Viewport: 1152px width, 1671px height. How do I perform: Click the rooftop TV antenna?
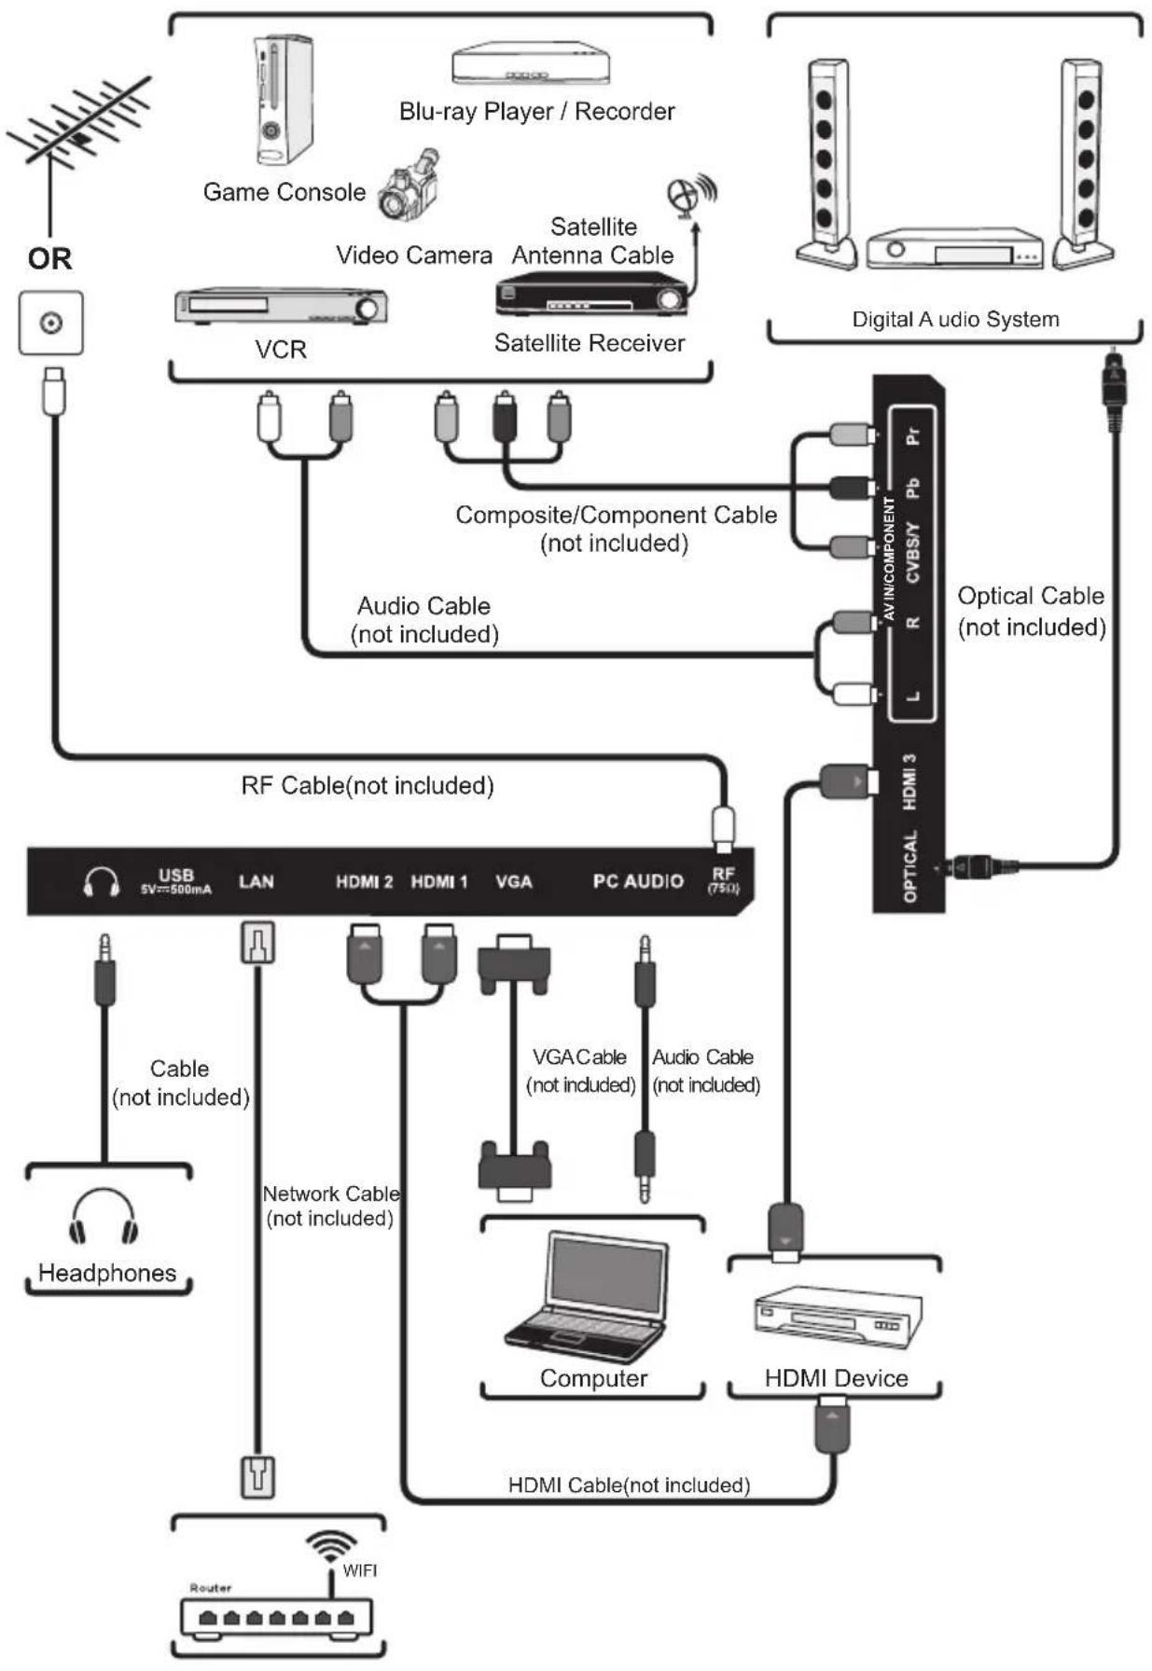pyautogui.click(x=79, y=135)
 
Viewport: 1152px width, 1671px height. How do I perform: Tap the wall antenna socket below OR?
pyautogui.click(x=51, y=323)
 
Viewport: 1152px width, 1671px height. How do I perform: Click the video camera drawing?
pyautogui.click(x=409, y=185)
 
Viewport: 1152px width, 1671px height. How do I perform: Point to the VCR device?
pyautogui.click(x=281, y=307)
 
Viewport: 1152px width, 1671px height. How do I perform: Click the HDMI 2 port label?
pyautogui.click(x=364, y=882)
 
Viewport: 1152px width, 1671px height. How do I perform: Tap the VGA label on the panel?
pyautogui.click(x=514, y=882)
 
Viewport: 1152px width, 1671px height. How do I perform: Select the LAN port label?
pyautogui.click(x=257, y=882)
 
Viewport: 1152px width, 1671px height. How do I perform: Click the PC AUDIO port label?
pyautogui.click(x=638, y=882)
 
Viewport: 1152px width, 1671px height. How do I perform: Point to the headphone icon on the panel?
pyautogui.click(x=102, y=882)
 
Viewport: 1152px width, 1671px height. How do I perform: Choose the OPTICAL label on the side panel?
pyautogui.click(x=910, y=866)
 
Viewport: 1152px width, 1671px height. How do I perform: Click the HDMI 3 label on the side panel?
pyautogui.click(x=910, y=781)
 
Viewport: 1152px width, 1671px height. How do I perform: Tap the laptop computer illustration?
pyautogui.click(x=588, y=1297)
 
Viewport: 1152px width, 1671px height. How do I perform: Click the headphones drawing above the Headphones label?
pyautogui.click(x=104, y=1217)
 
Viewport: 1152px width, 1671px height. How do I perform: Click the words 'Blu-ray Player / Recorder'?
pyautogui.click(x=536, y=112)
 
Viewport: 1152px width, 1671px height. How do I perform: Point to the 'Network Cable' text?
pyautogui.click(x=331, y=1194)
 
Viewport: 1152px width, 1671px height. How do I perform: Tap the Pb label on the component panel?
pyautogui.click(x=912, y=488)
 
